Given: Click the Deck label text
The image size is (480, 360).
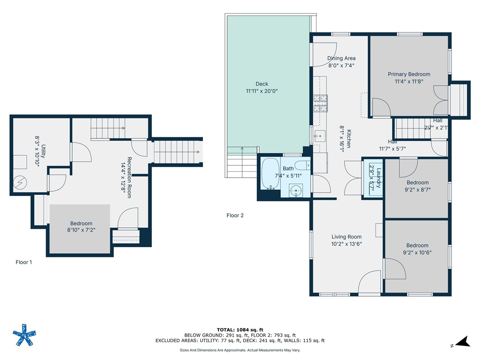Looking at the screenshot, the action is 262,84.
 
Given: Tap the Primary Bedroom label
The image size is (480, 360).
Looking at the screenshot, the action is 409,74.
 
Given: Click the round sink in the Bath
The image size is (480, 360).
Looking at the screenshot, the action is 296,191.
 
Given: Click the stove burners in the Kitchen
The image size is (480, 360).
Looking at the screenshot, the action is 320,104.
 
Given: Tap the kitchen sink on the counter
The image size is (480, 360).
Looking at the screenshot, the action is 320,135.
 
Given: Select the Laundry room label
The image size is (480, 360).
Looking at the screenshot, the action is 379,178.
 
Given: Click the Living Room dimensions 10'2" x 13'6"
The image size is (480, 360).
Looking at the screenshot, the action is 346,244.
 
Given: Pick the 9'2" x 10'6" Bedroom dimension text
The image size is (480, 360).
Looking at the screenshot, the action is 417,253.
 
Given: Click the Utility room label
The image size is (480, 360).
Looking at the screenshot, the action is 44,151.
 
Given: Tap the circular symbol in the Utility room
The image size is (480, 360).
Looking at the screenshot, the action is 20,183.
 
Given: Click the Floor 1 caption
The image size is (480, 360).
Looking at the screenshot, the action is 23,262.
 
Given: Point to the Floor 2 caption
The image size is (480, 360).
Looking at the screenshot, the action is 235,215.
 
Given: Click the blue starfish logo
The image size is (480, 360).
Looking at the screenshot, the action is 24,335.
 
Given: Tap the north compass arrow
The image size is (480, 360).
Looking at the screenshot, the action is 462,341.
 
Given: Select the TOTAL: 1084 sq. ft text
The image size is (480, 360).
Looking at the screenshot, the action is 240,330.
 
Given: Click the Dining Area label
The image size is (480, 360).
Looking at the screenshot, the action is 341,58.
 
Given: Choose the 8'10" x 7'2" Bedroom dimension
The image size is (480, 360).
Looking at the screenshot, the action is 81,230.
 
